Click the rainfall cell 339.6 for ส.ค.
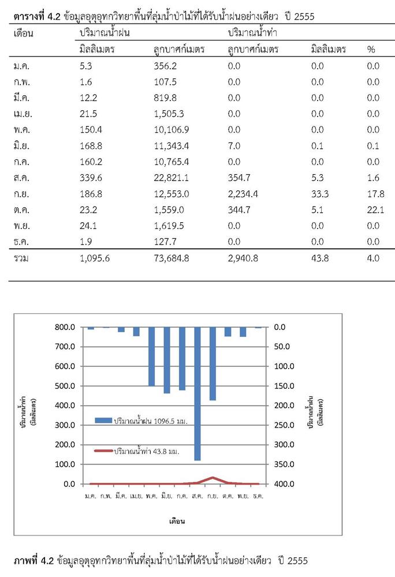[91, 178]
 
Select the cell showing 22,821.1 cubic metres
[171, 178]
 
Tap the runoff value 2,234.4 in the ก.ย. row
[243, 194]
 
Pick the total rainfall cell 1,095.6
[95, 258]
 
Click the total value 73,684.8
[171, 258]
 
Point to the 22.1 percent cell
[375, 210]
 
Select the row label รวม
[21, 258]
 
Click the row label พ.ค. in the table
[22, 130]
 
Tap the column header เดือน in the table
[23, 33]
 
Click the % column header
[371, 49]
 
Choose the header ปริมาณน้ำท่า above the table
[252, 33]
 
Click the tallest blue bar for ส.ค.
[197, 394]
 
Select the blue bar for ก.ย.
[213, 364]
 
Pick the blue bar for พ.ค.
[152, 357]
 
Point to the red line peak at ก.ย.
[213, 478]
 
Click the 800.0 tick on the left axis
[65, 327]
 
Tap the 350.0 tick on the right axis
[284, 464]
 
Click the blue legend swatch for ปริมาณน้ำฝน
[103, 421]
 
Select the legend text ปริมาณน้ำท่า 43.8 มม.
[147, 451]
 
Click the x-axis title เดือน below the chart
[177, 521]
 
